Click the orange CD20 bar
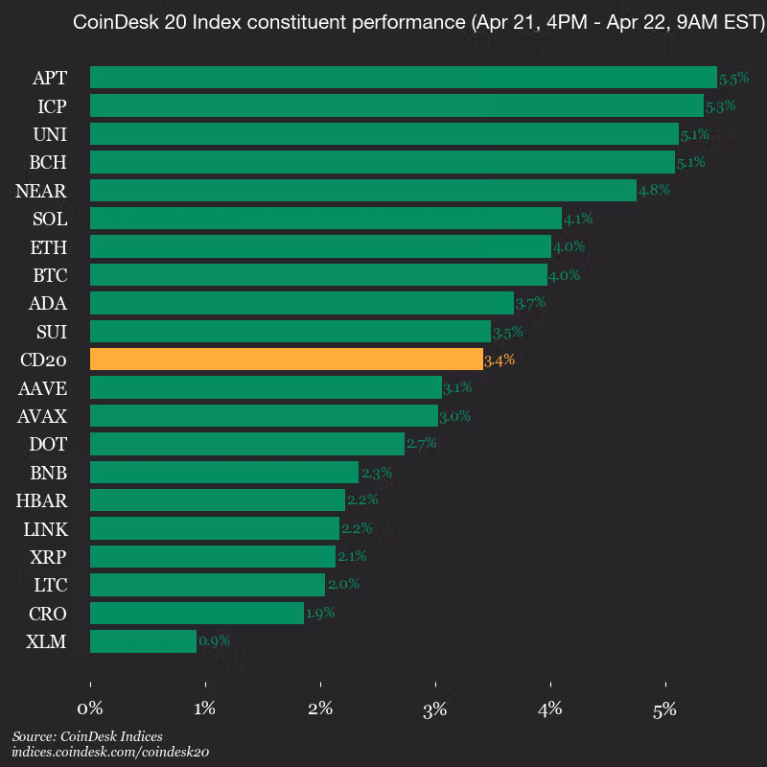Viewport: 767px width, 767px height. tap(286, 360)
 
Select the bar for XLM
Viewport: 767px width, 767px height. tap(143, 641)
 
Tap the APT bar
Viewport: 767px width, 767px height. tap(403, 78)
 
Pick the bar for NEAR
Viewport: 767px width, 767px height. tap(362, 191)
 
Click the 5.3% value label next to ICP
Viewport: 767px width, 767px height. tap(720, 106)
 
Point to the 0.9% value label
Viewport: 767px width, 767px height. tap(214, 641)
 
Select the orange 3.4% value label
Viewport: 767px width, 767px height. tap(500, 360)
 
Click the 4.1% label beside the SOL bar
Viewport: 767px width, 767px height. tap(578, 220)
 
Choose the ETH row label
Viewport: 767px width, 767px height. tap(49, 247)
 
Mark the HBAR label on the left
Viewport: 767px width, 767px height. tap(41, 500)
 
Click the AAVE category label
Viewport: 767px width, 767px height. tap(42, 388)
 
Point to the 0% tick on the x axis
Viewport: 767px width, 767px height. tap(90, 709)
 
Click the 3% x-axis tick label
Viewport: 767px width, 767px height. tap(435, 709)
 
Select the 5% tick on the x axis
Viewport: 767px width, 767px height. tap(665, 709)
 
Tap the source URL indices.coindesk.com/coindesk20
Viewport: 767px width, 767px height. tap(110, 753)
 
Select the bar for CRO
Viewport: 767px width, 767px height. tap(197, 614)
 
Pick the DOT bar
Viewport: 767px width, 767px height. tap(246, 444)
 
